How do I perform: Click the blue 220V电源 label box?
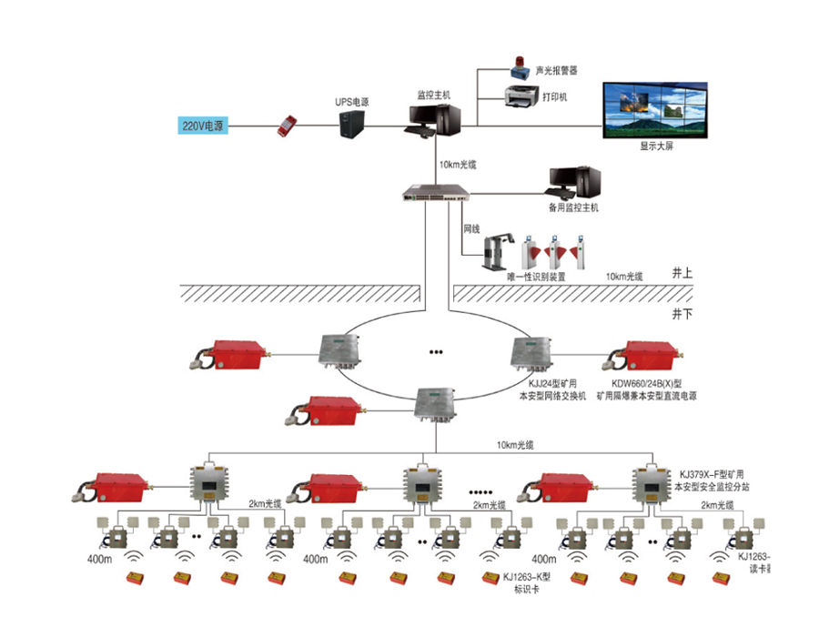(201, 124)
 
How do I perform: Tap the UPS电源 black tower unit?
(352, 124)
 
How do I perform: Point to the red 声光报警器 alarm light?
(518, 66)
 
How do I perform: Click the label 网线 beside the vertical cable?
(471, 228)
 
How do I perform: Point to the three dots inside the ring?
(436, 351)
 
